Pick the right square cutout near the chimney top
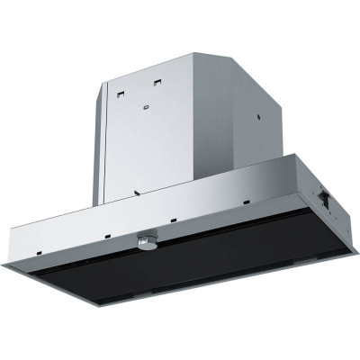(x=157, y=83)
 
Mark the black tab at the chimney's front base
(x=135, y=192)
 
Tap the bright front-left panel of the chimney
(x=148, y=135)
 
